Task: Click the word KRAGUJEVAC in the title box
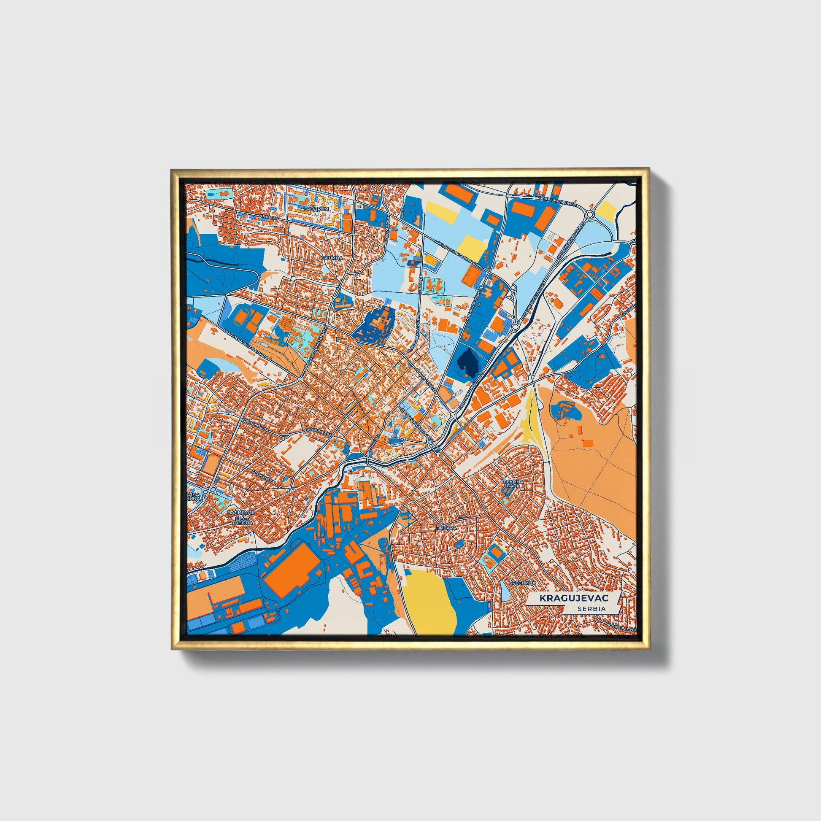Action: coord(574,598)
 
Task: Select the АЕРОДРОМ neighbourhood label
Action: coord(314,210)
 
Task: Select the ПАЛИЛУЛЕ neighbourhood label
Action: coord(241,513)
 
